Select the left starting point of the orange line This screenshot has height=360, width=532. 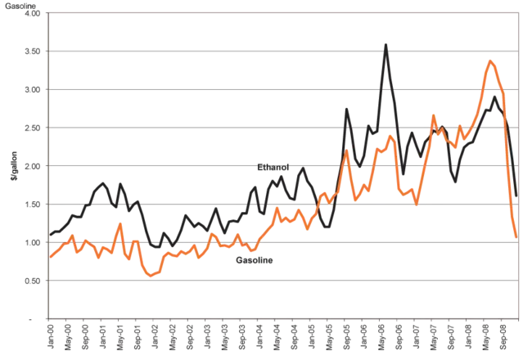click(x=51, y=258)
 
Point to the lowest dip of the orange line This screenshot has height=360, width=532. click(x=151, y=277)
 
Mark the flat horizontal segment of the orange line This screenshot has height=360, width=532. click(x=376, y=198)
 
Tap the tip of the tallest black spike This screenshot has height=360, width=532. click(x=385, y=41)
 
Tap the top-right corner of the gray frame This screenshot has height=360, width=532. click(x=520, y=10)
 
